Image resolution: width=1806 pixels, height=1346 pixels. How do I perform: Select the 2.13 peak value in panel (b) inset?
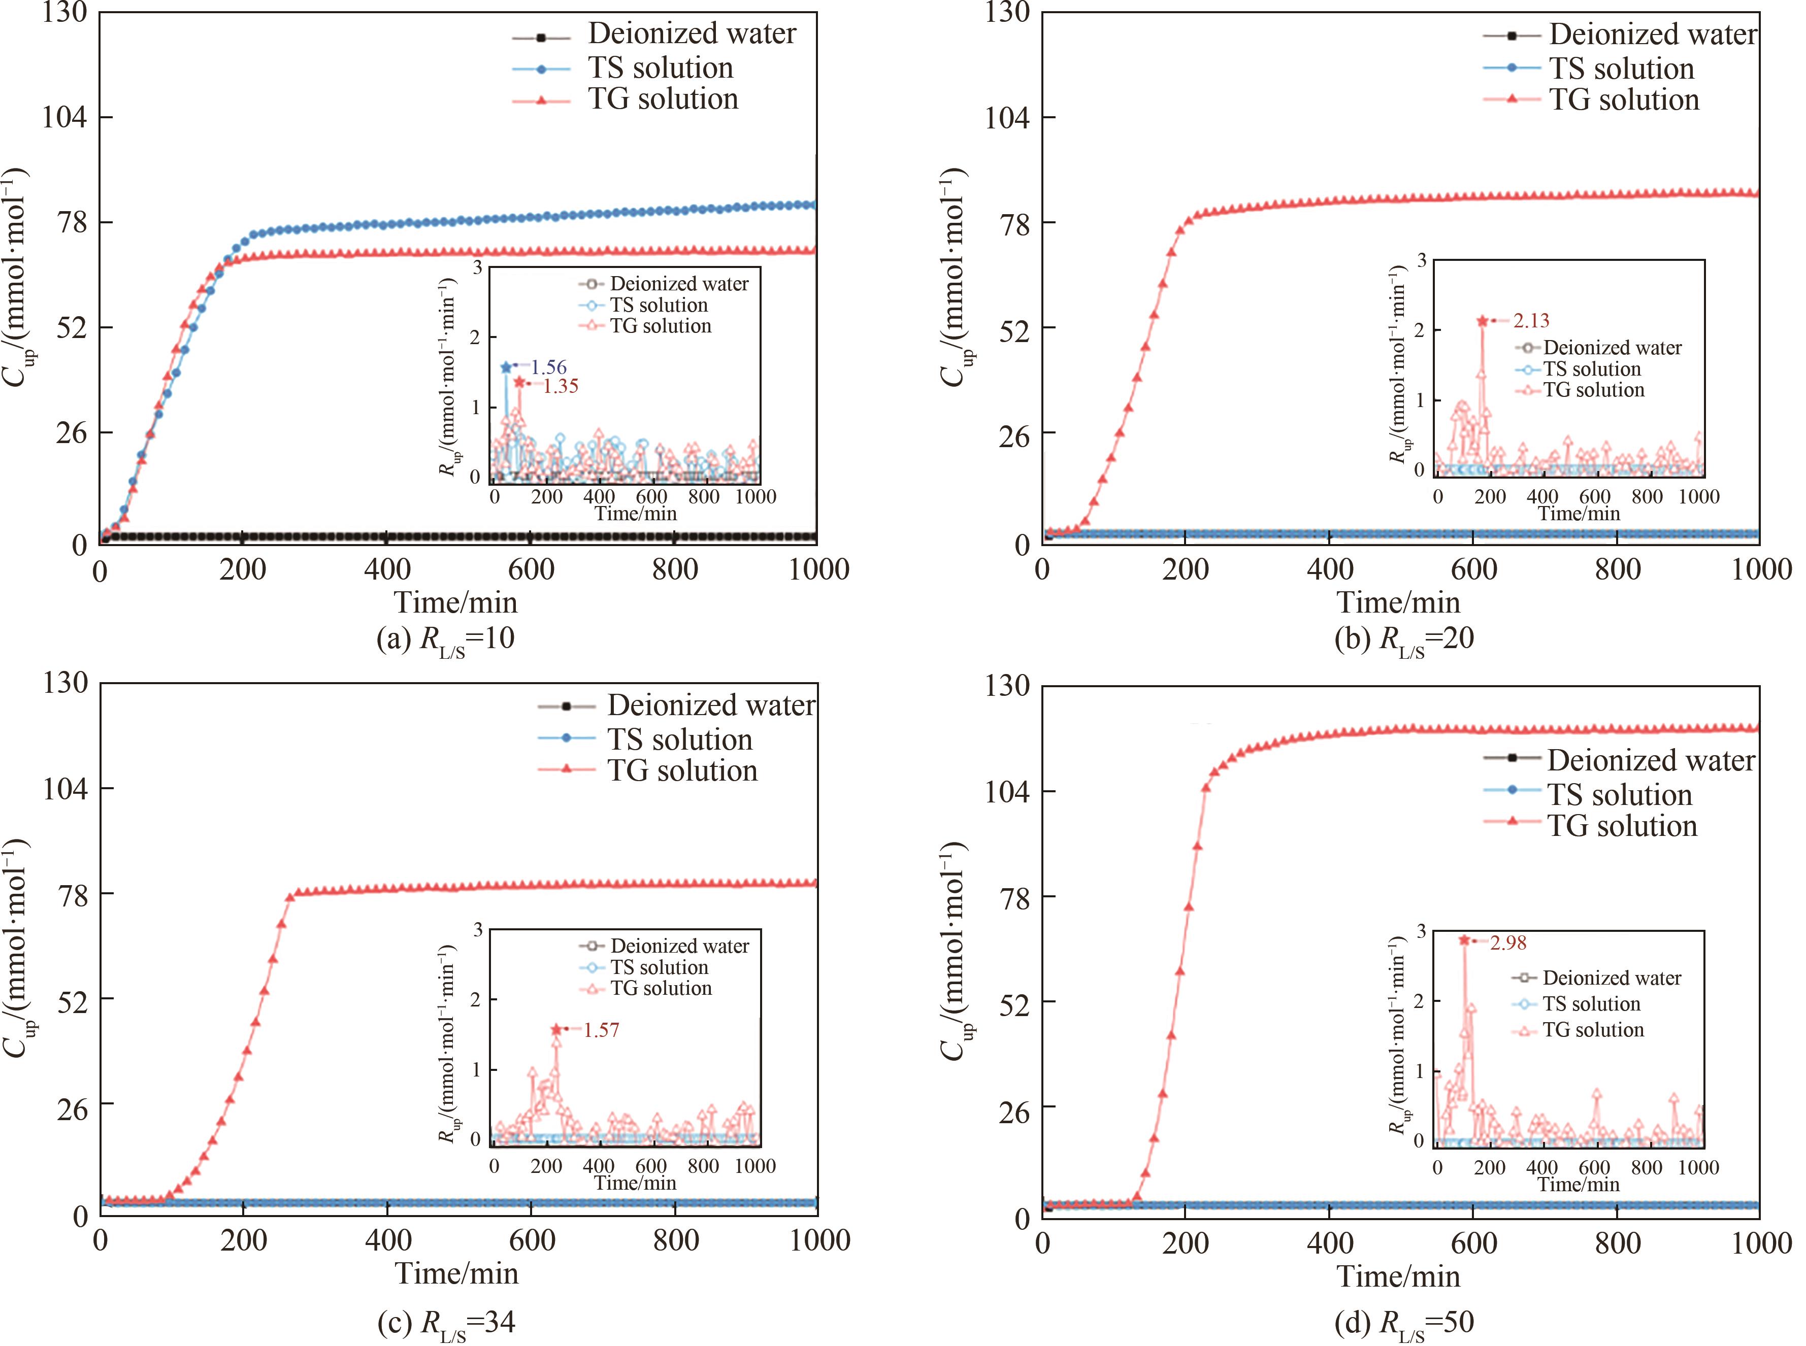click(x=1531, y=321)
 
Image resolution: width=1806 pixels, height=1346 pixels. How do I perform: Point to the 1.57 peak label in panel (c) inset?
click(x=602, y=1031)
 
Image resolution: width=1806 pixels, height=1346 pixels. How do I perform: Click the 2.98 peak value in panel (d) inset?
click(x=1508, y=943)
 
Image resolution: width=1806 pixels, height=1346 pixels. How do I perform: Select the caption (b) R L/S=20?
click(x=1404, y=639)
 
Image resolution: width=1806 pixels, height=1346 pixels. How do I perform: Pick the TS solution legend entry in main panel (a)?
click(x=660, y=68)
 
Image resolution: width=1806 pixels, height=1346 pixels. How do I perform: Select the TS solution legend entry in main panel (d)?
click(x=1619, y=794)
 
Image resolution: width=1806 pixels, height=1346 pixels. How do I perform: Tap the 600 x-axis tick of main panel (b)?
click(x=1473, y=569)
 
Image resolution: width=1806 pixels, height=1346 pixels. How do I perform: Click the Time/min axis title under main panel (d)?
click(x=1398, y=1276)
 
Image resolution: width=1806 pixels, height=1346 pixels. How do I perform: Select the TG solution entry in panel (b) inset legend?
click(x=1593, y=390)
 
